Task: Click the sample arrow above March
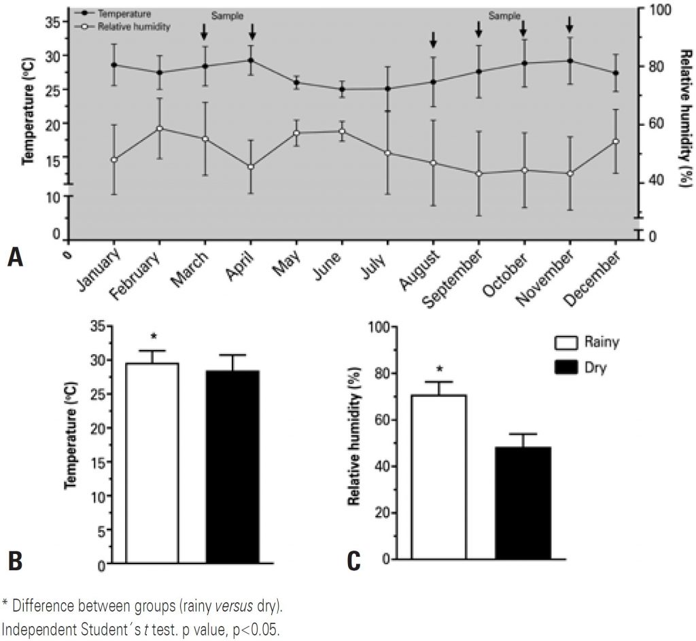tap(204, 31)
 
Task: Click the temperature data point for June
tap(342, 89)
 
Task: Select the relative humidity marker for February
tap(159, 128)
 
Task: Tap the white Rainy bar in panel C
tap(440, 476)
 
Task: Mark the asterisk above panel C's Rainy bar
tap(439, 370)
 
